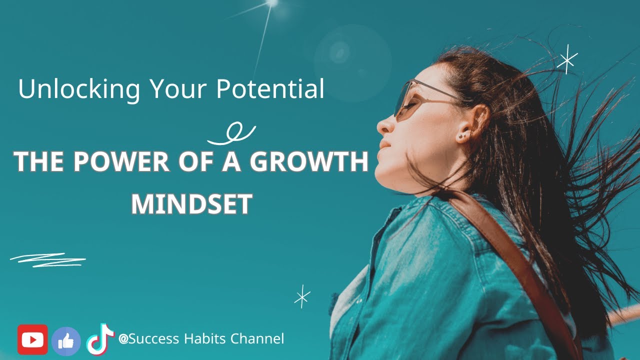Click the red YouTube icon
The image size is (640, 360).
pos(32,339)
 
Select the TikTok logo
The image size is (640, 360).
pos(100,339)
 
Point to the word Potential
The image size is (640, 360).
pos(270,88)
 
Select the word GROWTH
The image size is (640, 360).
pos(309,162)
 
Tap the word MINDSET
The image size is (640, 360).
pos(191,203)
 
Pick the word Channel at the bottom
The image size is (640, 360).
pos(257,338)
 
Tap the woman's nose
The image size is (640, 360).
pos(384,124)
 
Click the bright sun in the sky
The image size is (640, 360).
pos(272,3)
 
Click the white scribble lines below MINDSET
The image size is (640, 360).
pos(48,260)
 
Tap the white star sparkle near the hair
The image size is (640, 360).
pos(567,59)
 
